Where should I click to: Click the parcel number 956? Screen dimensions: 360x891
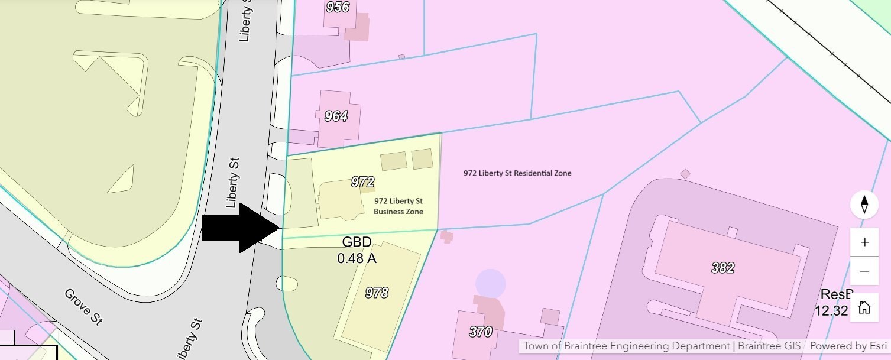point(338,7)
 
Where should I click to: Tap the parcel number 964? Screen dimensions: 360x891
point(336,116)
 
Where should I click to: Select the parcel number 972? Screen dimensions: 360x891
point(362,181)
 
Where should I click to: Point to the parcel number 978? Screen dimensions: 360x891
point(377,292)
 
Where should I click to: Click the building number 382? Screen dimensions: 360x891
point(722,268)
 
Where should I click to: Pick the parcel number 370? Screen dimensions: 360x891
point(480,332)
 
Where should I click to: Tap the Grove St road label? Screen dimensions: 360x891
point(83,306)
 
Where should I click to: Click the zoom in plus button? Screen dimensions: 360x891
point(864,242)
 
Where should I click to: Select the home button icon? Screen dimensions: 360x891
point(864,307)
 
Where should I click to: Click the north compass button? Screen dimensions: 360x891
point(864,205)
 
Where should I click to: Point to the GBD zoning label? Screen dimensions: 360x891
point(357,242)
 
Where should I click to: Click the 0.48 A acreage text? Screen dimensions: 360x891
point(357,258)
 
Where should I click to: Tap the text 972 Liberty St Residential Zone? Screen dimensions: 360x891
point(517,173)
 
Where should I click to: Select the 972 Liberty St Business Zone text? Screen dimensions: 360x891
point(398,206)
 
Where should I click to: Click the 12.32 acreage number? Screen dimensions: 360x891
point(831,310)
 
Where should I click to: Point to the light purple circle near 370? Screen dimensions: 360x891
point(491,284)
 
